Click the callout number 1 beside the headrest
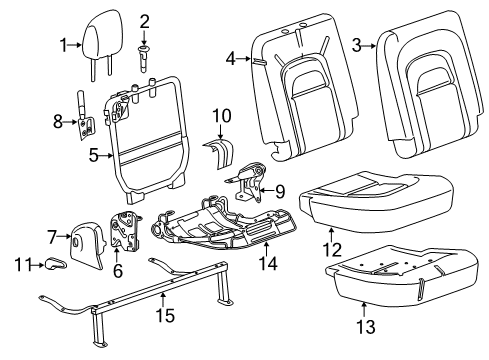(x=64, y=45)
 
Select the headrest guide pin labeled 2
(x=144, y=59)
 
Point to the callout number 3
(x=356, y=45)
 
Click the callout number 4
(x=231, y=60)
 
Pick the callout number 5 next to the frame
(x=94, y=155)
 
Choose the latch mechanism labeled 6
(x=125, y=231)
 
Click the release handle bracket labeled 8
(x=85, y=118)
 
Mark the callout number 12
(x=332, y=250)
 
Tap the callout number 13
(x=366, y=327)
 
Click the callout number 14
(x=268, y=263)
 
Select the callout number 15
(x=165, y=315)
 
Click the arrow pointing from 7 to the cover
(x=64, y=237)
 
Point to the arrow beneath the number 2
(x=144, y=39)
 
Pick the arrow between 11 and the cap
(x=38, y=266)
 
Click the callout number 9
(x=280, y=192)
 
